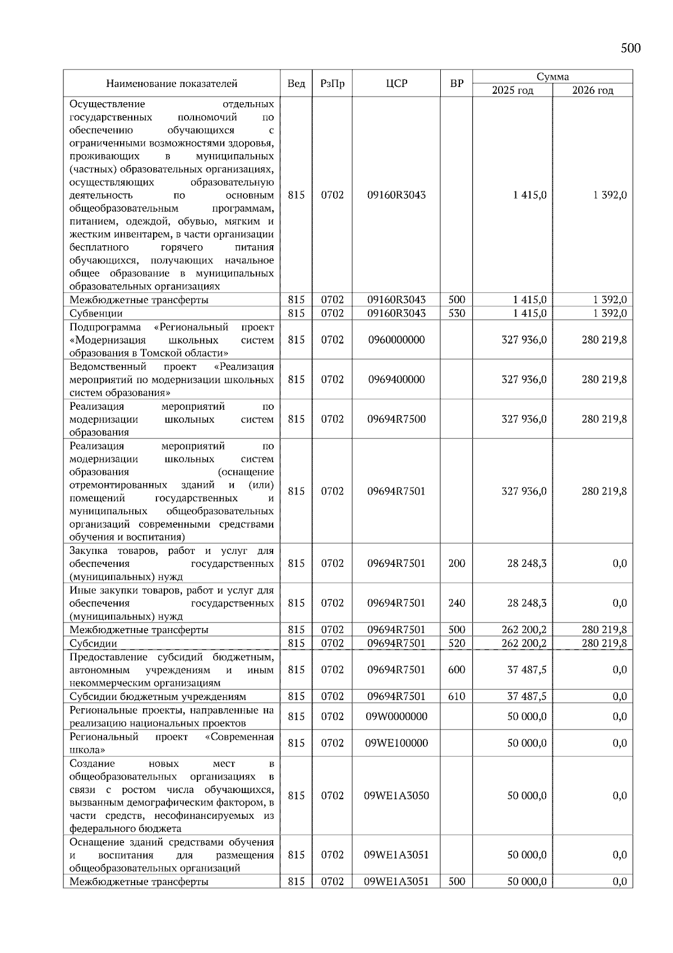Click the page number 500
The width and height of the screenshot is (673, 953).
coord(630,48)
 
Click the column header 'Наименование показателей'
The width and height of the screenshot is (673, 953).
coord(172,84)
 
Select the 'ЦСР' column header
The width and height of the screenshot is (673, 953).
coord(397,84)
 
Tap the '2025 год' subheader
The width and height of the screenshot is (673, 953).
coord(513,90)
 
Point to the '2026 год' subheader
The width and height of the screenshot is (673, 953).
coord(593,90)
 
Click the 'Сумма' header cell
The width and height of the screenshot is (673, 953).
coord(552,77)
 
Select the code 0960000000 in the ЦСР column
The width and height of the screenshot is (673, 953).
coord(397,340)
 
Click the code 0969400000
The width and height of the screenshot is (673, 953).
coord(397,379)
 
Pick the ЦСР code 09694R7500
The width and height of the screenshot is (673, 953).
coord(397,419)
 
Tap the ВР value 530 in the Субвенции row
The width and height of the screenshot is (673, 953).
coord(457,313)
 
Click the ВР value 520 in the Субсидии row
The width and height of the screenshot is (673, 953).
coord(457,643)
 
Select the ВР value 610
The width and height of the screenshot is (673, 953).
coord(457,697)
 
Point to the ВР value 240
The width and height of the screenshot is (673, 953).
coord(457,603)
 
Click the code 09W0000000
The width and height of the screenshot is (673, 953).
coord(397,717)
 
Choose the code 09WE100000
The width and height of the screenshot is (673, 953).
coord(397,743)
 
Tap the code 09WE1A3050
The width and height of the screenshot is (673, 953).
coord(397,796)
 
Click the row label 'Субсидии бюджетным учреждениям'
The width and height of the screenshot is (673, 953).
coord(158,697)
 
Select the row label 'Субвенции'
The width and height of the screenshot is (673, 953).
coord(96,314)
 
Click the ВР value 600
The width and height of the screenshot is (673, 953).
coord(457,670)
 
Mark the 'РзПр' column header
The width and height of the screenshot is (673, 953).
coord(332,84)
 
